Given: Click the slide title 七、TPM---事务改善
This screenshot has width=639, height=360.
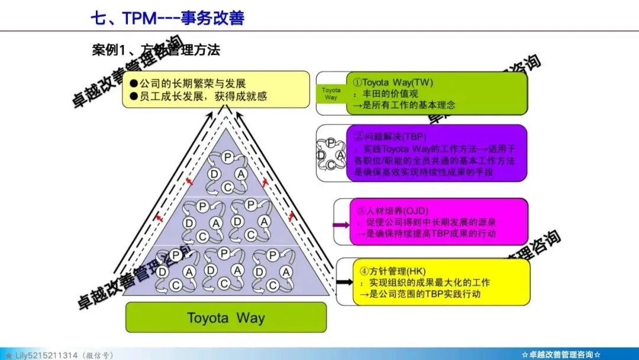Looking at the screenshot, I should [167, 18].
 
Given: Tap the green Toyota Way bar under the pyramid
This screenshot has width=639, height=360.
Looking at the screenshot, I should [225, 317].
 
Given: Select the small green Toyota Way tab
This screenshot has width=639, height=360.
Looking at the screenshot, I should [331, 94].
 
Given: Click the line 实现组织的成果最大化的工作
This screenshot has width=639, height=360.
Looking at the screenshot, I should [429, 282].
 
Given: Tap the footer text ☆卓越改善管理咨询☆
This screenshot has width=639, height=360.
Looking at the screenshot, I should [561, 354].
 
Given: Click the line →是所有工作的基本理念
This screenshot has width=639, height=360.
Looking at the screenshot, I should [404, 106].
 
